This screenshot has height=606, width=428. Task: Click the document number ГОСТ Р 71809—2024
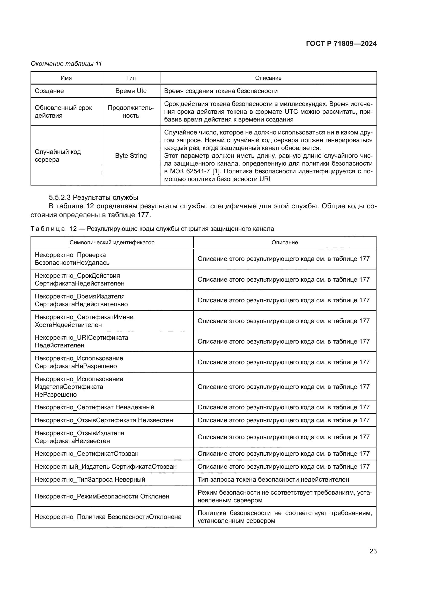coord(341,44)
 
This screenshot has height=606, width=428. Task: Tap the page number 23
coord(373,551)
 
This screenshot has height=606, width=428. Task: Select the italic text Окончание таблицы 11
coord(66,64)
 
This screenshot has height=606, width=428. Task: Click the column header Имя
coord(66,78)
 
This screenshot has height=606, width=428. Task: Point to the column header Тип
coord(131,78)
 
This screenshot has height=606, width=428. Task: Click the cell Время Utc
coord(131,91)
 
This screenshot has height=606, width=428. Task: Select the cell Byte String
coord(131,155)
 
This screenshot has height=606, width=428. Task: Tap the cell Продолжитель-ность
coord(131,112)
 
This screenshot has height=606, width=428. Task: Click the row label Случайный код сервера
coord(58,155)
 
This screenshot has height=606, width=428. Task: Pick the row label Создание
coord(49,91)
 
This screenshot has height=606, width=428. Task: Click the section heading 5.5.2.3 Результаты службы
coord(93,197)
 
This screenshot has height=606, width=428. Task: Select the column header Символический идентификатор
coord(112,242)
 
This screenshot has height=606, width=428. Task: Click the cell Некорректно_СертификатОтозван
coord(86,453)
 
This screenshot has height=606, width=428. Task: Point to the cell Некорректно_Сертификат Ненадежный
coord(94,407)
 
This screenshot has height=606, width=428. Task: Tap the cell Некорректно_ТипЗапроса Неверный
coord(90,479)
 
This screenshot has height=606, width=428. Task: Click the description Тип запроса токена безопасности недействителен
coord(273,479)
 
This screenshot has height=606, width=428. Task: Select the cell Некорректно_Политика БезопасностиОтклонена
coord(108,517)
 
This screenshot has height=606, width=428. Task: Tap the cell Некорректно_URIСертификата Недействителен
coord(81,341)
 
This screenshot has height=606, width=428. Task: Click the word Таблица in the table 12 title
coord(48,229)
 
